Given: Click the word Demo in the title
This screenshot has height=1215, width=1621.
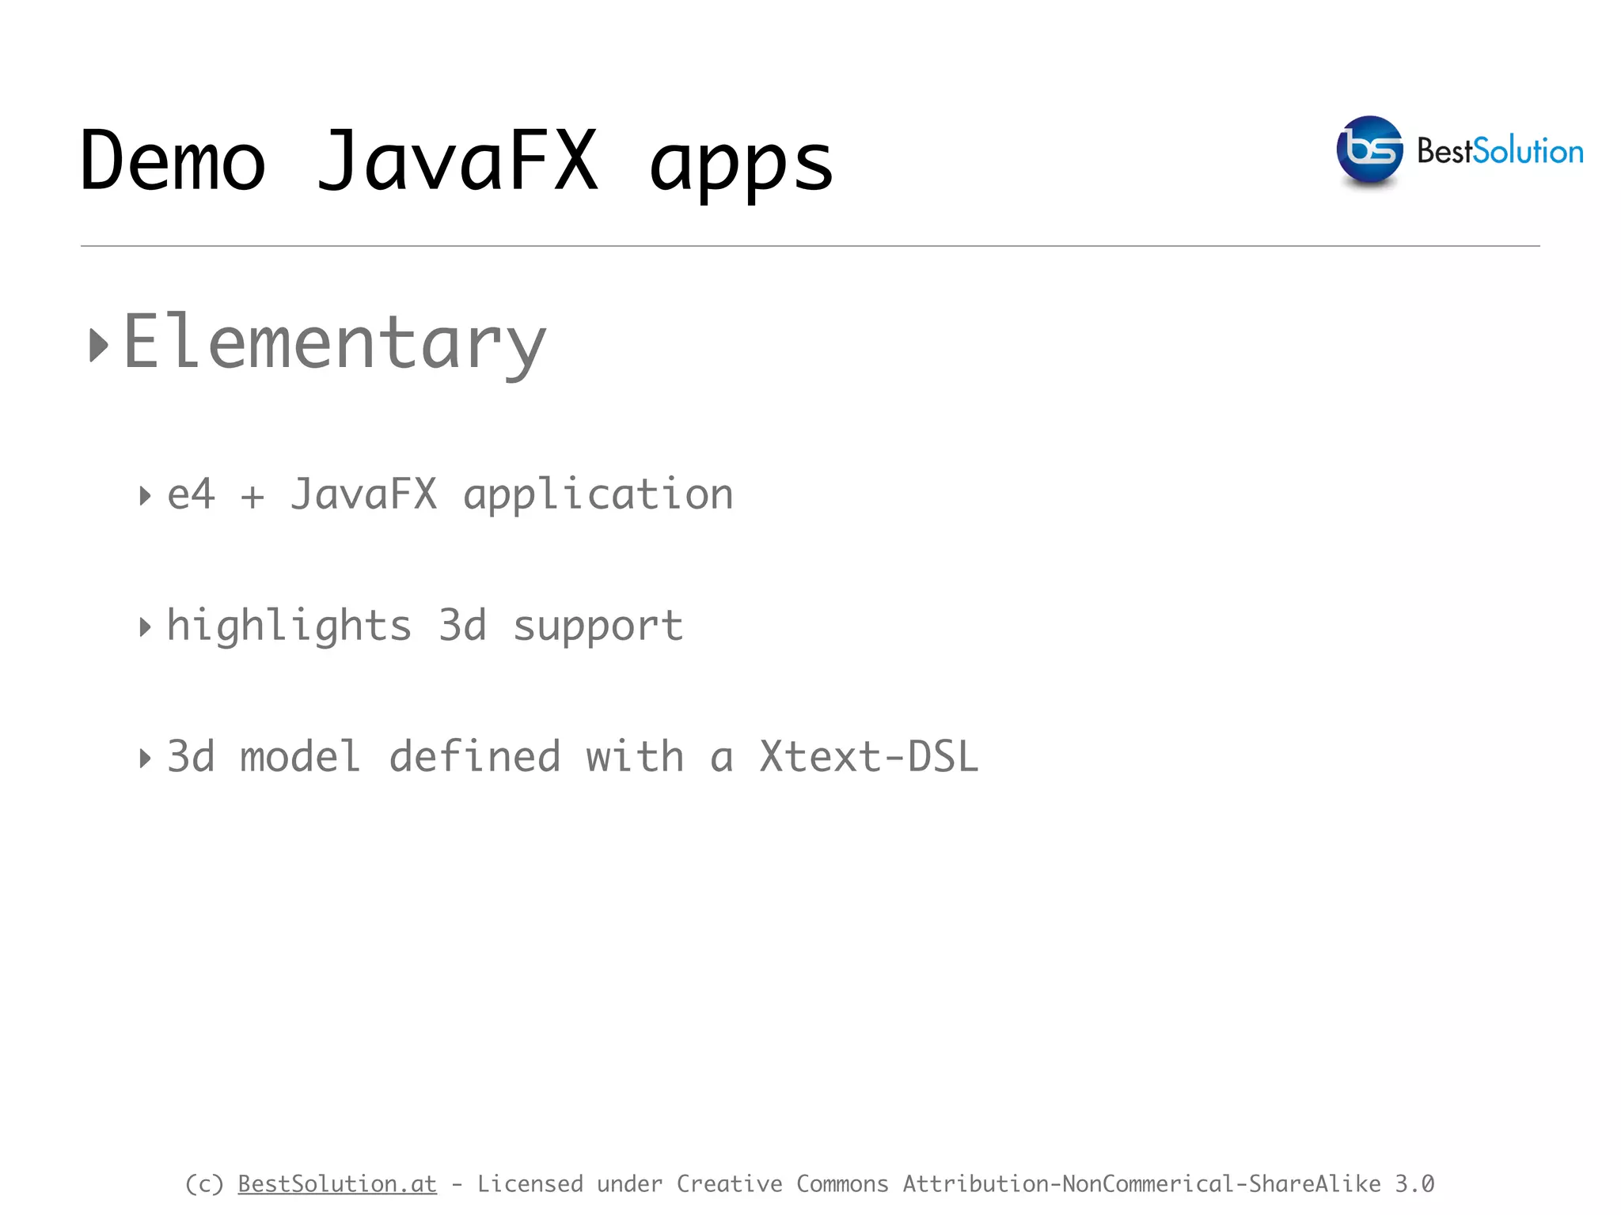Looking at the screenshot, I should (173, 161).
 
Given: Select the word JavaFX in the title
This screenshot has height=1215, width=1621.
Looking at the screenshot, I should (457, 161).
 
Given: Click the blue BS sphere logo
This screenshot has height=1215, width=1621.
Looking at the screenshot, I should (1369, 150).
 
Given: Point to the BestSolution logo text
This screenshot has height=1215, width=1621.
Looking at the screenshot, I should (1499, 151).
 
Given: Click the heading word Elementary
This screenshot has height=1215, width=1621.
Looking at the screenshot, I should (335, 343).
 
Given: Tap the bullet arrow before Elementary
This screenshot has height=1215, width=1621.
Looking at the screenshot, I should (98, 345).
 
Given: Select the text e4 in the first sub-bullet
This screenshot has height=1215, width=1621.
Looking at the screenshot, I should (191, 495).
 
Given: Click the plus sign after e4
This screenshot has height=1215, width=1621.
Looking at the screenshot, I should (252, 498).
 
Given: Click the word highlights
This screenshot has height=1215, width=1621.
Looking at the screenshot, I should (289, 626).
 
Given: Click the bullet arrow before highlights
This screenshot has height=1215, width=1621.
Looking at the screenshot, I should (144, 628).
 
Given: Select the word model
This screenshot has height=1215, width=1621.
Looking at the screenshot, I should (301, 756).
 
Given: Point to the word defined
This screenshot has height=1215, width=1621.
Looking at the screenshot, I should (475, 756).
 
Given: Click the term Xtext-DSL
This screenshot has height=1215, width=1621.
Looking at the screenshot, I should (869, 756).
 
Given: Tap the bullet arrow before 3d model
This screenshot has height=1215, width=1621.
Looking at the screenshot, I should (144, 759).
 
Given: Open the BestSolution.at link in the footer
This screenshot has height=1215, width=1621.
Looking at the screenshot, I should (337, 1183).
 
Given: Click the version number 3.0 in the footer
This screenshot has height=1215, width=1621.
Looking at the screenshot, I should (1414, 1183).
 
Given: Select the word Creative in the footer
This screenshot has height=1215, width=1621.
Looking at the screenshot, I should (729, 1183).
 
